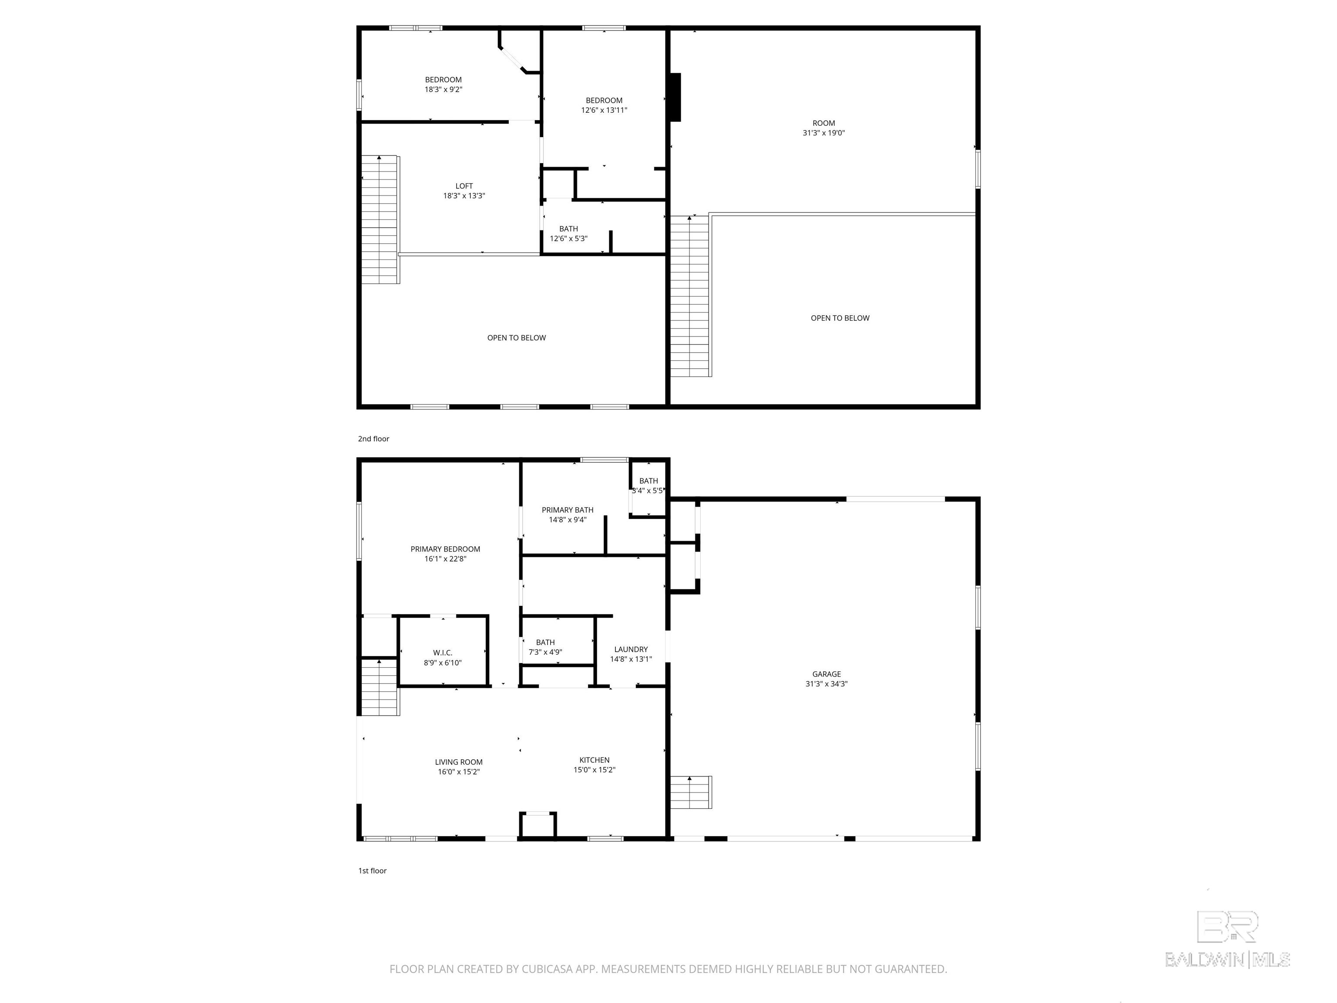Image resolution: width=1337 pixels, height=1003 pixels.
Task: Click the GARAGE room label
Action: [x=826, y=674]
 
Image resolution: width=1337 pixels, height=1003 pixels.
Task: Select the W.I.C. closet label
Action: [x=443, y=653]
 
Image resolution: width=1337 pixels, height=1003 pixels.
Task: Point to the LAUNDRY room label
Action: [x=631, y=650]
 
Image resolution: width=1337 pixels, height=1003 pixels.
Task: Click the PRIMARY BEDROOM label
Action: [x=446, y=549]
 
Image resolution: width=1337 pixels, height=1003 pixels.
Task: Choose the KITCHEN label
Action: [x=594, y=760]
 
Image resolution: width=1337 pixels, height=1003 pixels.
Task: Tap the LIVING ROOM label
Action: [x=459, y=762]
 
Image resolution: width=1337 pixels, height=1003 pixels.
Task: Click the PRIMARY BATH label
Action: [x=568, y=510]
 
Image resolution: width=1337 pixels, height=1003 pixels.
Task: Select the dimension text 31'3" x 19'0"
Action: [x=824, y=133]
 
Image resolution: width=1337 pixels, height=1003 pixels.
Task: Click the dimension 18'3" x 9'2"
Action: [x=443, y=90]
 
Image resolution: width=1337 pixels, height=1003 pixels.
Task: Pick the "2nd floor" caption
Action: [x=373, y=439]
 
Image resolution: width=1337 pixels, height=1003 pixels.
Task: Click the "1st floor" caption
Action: [x=372, y=871]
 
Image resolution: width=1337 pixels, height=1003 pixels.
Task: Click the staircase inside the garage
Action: [x=691, y=792]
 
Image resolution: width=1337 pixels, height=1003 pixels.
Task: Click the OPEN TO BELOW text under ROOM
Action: [x=840, y=318]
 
